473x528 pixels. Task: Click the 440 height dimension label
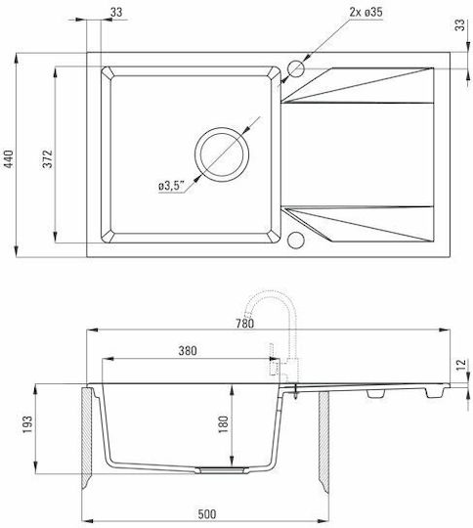[9, 159]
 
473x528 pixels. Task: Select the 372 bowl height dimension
[48, 159]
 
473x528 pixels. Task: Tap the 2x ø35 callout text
[365, 12]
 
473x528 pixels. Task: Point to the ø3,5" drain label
[172, 186]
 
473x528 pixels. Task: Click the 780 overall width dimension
[244, 324]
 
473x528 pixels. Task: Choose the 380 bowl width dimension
[188, 351]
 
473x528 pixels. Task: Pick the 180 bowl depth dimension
[223, 424]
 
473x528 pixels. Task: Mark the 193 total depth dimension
[27, 425]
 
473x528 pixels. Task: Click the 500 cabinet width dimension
[207, 514]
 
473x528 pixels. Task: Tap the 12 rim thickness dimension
[461, 365]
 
